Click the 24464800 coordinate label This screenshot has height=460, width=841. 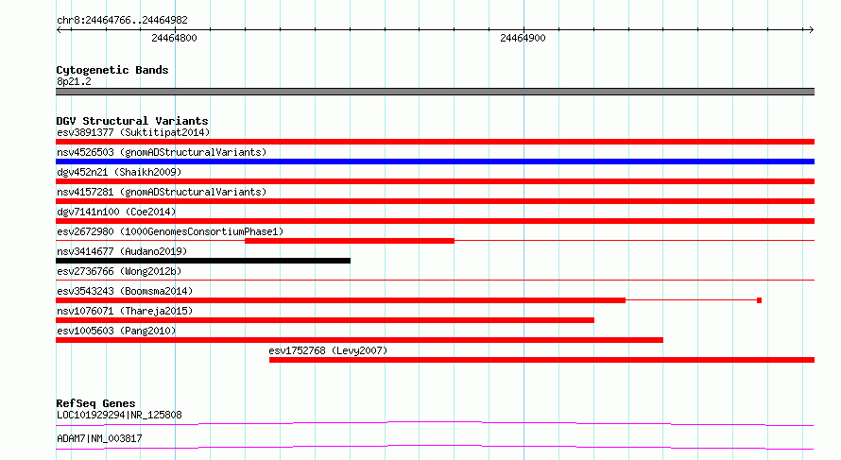pos(174,38)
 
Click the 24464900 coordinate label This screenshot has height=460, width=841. pos(523,38)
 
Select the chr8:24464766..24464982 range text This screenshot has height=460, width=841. pos(122,20)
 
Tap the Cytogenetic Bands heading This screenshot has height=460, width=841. pos(112,70)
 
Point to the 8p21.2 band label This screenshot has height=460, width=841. pos(74,81)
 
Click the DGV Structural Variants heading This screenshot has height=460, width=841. pos(132,121)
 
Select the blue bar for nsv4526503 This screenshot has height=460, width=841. pos(435,162)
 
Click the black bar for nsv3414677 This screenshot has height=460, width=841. pos(203,261)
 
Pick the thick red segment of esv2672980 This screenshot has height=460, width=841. pos(350,241)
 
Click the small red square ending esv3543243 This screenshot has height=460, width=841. pos(759,300)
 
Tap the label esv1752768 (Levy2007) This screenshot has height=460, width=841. pos(328,350)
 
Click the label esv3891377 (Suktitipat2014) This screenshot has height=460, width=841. pos(133,132)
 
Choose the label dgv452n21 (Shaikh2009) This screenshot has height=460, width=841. pos(119,172)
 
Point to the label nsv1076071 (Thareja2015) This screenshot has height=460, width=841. pos(125,311)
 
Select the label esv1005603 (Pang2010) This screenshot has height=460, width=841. pos(116,331)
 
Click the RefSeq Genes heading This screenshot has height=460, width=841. pos(96,403)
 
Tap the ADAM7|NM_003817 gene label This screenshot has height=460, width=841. pos(99,438)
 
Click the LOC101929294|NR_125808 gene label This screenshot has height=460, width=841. pos(119,415)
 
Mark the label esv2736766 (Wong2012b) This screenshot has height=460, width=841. pos(119,271)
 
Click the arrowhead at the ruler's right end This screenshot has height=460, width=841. pos(812,29)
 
